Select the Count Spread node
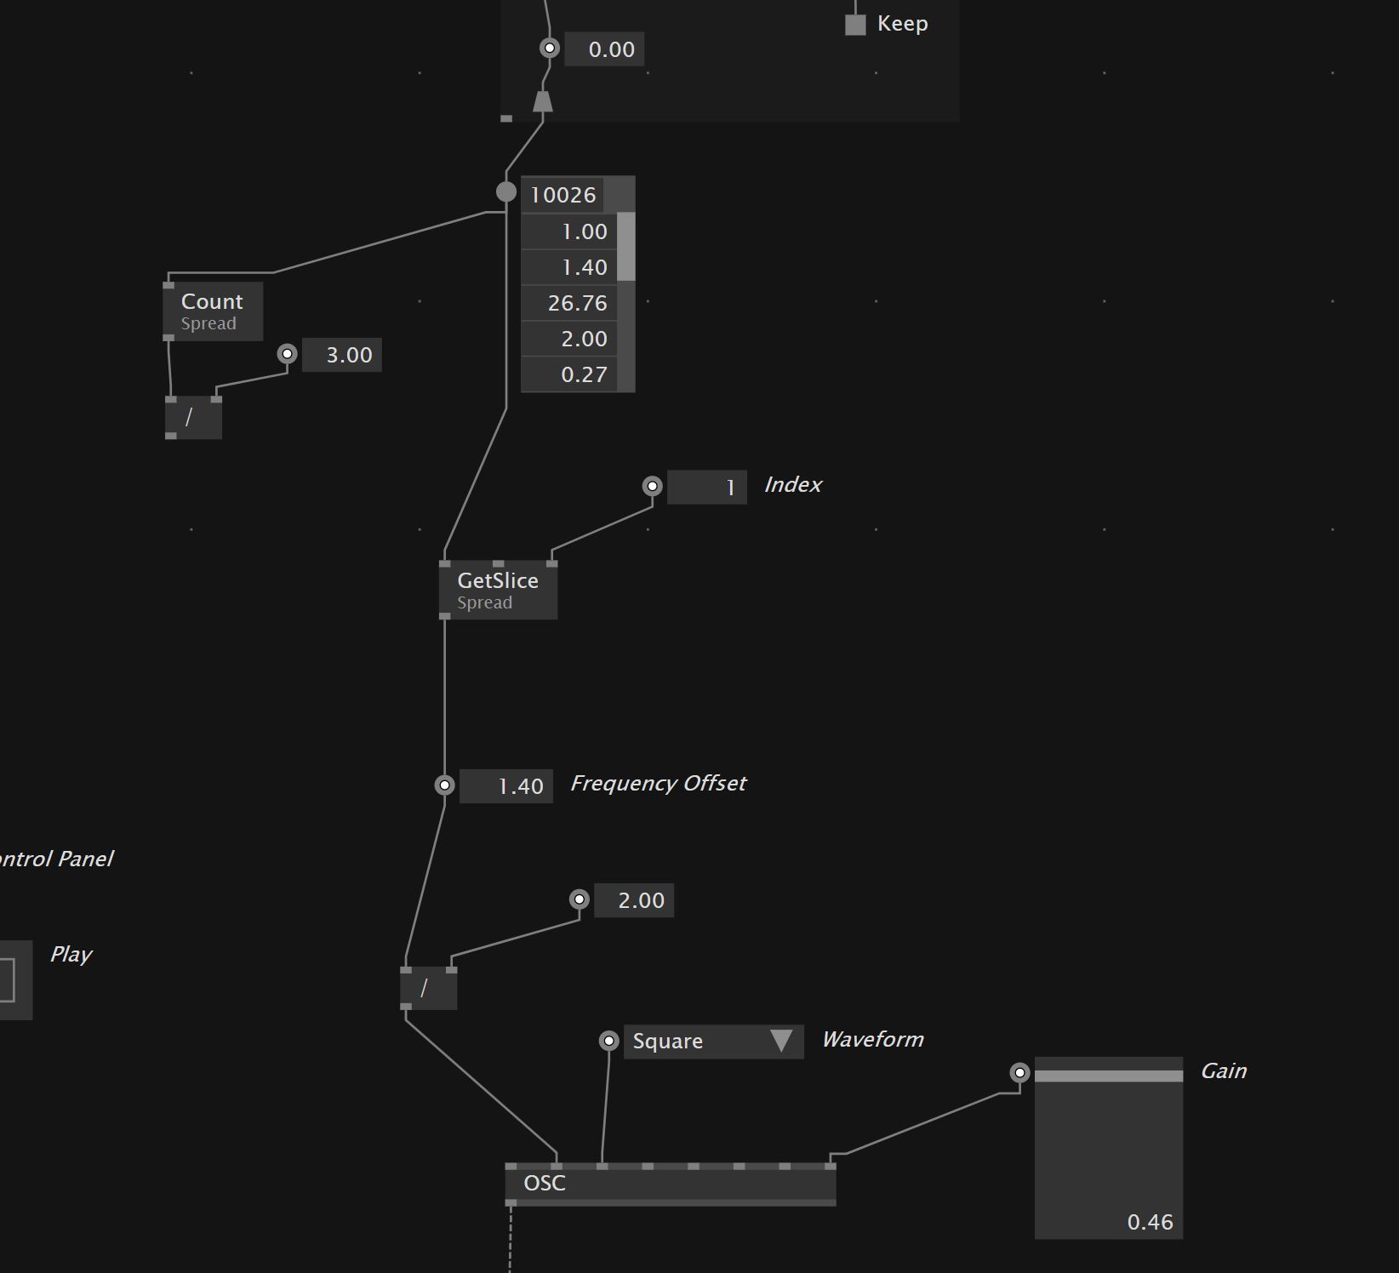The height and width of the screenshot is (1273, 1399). [212, 311]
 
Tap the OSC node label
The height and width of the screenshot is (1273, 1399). [545, 1184]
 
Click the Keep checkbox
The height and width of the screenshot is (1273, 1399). [855, 25]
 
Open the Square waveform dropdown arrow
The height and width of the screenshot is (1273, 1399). [781, 1041]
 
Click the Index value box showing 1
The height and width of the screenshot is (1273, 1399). [706, 488]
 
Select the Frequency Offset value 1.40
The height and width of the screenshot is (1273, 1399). [506, 786]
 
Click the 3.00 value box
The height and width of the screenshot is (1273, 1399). [342, 356]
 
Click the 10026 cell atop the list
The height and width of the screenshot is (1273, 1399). [562, 195]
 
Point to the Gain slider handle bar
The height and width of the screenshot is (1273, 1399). [1108, 1076]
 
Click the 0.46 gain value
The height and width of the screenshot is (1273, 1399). [1150, 1222]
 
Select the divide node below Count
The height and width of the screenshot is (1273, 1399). [193, 418]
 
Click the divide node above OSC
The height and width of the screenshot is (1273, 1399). [428, 989]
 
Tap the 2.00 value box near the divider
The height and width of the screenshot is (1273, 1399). [634, 901]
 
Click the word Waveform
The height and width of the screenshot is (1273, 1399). [872, 1040]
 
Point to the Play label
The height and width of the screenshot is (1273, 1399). [71, 955]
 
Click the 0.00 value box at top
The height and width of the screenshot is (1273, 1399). [604, 49]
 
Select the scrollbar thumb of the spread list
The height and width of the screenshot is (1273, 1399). [626, 247]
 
